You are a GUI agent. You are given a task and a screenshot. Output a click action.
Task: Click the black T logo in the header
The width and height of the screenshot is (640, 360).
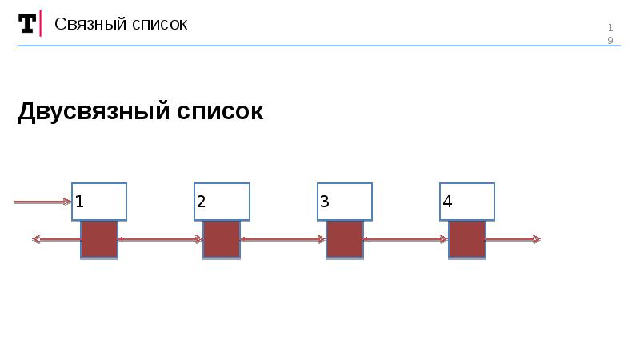click(27, 24)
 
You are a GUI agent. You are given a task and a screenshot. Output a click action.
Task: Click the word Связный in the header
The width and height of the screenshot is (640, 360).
click(85, 24)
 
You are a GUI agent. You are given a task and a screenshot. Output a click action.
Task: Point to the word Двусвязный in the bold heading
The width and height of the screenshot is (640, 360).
click(90, 111)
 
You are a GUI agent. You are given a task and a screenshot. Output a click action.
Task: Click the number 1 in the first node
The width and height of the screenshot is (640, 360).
click(80, 202)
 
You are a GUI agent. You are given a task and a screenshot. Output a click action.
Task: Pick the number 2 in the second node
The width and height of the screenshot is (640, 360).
click(202, 202)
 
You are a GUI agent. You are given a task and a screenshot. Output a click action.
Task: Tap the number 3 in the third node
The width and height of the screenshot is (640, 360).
click(325, 202)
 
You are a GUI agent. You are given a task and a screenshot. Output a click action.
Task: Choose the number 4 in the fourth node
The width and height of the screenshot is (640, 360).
click(447, 202)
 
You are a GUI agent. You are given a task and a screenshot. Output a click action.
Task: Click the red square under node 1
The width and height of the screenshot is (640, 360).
click(99, 239)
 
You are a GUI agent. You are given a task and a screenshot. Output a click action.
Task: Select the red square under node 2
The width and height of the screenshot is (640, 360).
click(222, 239)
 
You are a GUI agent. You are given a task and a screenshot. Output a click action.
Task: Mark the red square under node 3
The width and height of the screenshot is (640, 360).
click(345, 239)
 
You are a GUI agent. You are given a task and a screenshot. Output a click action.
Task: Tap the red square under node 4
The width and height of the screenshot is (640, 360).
click(467, 239)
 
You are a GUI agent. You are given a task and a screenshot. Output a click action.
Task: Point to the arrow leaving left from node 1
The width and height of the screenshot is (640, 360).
click(56, 238)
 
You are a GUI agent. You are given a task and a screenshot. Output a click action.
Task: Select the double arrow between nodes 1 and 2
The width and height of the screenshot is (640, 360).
click(160, 238)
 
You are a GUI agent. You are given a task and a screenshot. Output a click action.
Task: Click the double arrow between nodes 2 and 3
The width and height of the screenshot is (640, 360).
click(283, 238)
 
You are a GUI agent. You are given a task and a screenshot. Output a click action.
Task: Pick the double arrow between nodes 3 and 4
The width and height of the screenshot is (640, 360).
click(406, 238)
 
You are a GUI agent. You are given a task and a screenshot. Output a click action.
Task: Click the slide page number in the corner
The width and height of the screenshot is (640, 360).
click(610, 34)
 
